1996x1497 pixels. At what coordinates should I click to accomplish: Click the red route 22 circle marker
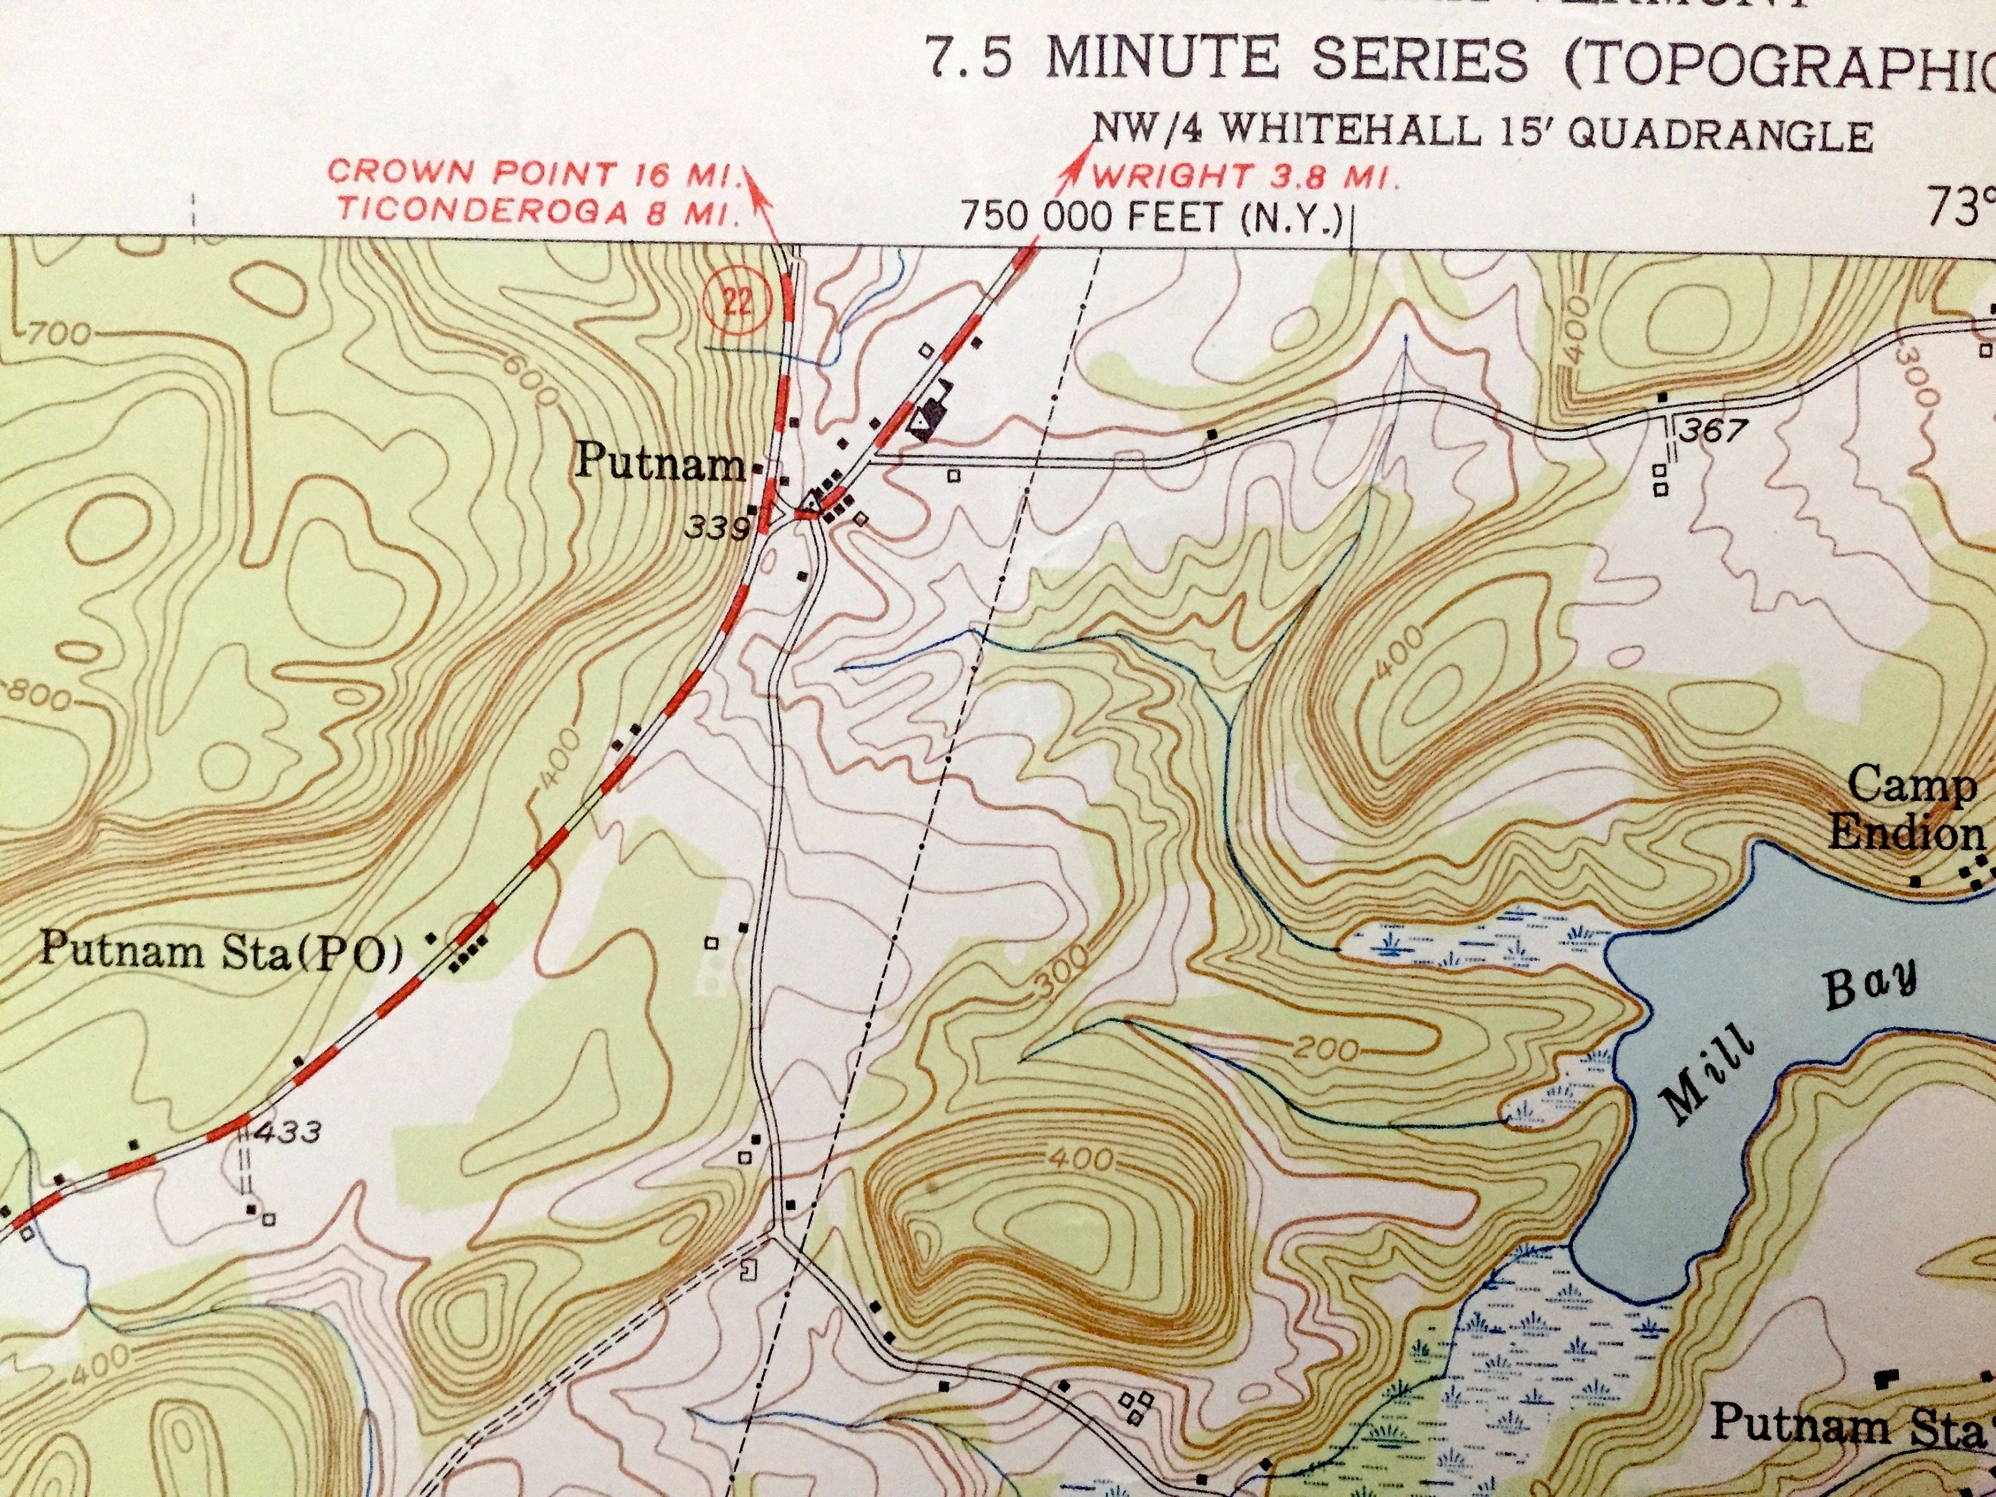(737, 301)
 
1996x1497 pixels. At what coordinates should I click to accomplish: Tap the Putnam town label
(659, 462)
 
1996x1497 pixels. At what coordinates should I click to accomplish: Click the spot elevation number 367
(1713, 430)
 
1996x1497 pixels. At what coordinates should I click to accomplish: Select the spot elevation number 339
(717, 528)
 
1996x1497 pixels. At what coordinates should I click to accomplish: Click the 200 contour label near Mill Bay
(1325, 1049)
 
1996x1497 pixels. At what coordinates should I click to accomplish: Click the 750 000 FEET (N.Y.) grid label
(1152, 218)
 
